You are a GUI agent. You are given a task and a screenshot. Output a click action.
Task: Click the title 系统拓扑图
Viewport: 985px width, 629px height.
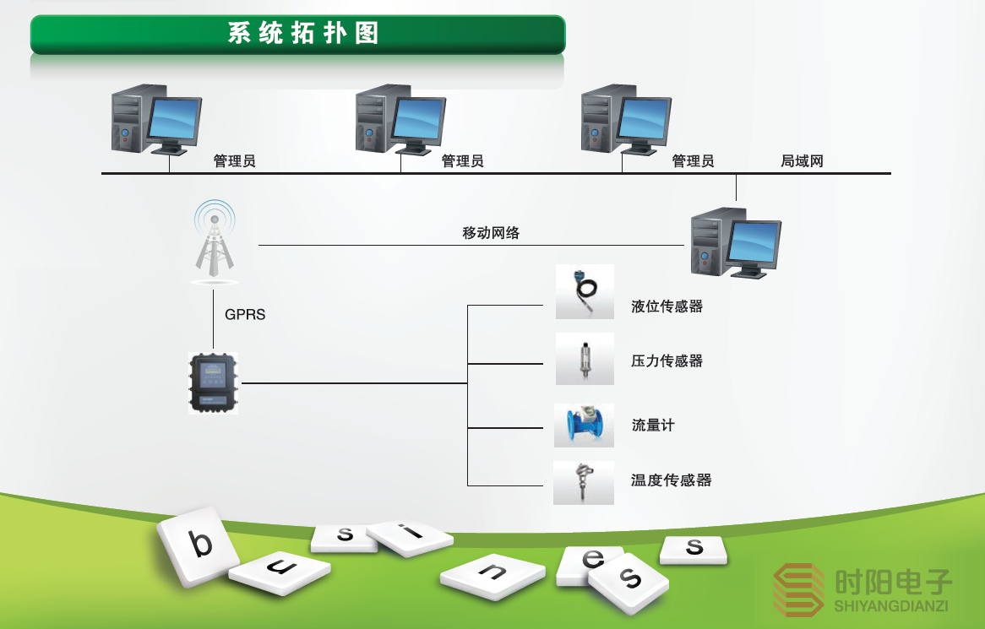tap(302, 34)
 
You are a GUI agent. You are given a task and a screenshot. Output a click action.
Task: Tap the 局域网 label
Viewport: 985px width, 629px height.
tap(802, 161)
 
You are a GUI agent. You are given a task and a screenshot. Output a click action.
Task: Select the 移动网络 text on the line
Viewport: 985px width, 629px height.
tap(491, 234)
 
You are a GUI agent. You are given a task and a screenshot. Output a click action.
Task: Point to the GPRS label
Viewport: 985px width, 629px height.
tap(245, 315)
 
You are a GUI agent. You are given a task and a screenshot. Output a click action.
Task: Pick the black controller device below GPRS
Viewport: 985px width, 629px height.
tap(214, 383)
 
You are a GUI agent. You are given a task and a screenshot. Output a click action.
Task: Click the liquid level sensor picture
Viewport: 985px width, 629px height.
tap(585, 291)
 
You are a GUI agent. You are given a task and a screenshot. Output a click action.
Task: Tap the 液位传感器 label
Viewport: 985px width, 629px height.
tap(667, 306)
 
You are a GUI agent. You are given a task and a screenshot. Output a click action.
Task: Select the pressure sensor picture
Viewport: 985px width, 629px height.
tap(585, 359)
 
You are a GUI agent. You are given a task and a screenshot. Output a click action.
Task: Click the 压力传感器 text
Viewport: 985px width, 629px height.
tap(667, 361)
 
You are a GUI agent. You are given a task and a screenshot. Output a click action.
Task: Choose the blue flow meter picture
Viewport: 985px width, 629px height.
tap(585, 425)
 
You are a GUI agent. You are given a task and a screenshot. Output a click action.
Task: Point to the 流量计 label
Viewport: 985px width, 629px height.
tap(653, 426)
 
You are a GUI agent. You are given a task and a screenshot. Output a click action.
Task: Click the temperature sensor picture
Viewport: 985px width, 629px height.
tap(584, 482)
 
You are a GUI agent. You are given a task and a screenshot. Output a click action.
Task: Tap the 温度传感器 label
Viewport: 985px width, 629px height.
tap(672, 480)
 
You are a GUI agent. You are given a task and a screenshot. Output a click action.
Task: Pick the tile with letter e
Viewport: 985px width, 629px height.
tap(591, 563)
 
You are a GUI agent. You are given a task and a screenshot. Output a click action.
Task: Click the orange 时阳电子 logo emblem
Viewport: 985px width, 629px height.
tap(799, 589)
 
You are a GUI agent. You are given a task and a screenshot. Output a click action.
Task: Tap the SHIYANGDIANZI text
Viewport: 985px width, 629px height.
tap(892, 606)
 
